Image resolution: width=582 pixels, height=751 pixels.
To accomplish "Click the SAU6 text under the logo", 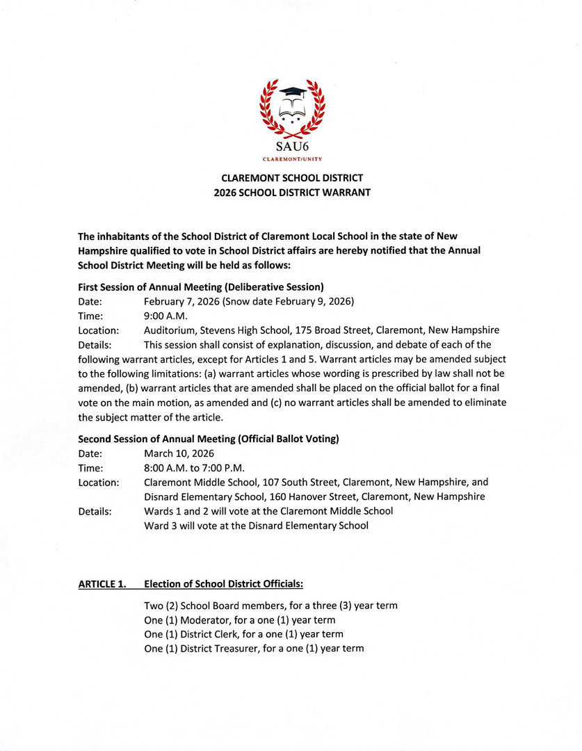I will coord(291,147).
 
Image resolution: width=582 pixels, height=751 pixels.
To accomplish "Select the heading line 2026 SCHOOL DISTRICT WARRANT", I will coord(292,193).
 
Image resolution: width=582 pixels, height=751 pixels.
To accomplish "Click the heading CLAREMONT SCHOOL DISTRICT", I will coord(292,178).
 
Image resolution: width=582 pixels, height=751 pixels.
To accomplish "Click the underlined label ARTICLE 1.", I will coord(102,584).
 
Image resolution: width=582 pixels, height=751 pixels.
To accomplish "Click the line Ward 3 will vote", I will coord(256,526).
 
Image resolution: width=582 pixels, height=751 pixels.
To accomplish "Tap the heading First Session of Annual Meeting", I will coord(200,286).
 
